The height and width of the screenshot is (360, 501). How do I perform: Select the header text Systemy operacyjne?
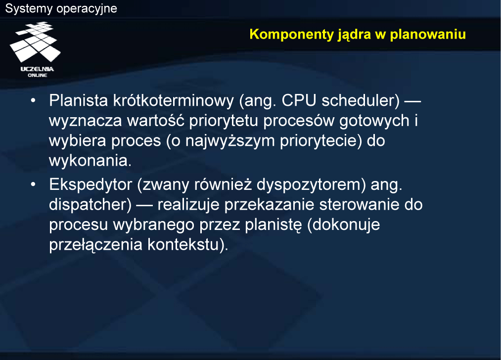[x=61, y=8]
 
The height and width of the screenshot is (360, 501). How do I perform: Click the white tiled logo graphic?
[x=35, y=42]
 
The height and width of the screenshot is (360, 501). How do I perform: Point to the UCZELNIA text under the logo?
[x=38, y=69]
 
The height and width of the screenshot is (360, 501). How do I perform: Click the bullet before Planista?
[x=33, y=100]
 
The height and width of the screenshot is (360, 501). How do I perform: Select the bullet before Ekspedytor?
[x=33, y=184]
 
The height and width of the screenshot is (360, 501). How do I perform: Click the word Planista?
[x=79, y=100]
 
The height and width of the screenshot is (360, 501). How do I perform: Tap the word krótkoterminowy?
[x=174, y=100]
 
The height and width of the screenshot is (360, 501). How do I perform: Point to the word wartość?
[x=156, y=121]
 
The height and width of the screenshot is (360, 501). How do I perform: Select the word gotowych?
[x=374, y=121]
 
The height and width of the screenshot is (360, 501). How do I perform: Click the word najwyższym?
[x=230, y=141]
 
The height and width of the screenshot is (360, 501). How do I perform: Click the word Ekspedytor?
[x=91, y=184]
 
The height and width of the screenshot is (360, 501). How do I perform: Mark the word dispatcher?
[x=88, y=205]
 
